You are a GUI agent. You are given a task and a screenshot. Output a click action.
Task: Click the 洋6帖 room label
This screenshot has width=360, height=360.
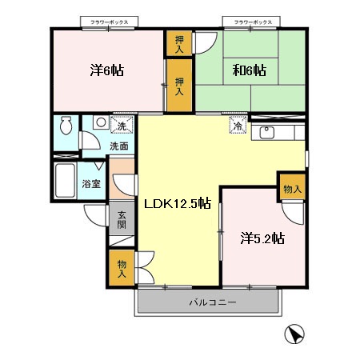(106, 70)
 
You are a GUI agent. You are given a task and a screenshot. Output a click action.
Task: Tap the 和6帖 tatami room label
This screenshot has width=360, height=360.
(250, 70)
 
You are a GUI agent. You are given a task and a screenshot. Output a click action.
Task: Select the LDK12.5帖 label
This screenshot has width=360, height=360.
(178, 204)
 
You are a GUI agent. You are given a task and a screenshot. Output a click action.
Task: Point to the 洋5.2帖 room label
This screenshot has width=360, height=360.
(262, 238)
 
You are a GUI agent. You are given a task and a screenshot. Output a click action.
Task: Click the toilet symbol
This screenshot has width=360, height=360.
(66, 125)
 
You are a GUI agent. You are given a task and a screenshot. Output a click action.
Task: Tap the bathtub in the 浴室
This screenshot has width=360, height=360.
(65, 180)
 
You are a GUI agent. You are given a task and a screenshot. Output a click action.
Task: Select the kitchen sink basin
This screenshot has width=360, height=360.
(267, 133)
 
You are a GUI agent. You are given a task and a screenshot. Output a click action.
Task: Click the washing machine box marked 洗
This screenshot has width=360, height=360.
(122, 125)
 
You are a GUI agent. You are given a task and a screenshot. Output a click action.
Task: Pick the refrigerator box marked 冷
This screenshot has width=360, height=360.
(238, 125)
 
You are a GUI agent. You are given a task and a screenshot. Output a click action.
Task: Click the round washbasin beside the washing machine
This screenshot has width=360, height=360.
(101, 122)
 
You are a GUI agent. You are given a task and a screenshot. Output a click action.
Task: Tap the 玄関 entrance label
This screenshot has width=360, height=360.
(122, 220)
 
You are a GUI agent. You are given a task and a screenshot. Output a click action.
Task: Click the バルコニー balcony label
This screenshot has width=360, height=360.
(213, 302)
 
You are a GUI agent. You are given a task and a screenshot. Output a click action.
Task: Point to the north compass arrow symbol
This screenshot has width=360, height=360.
(294, 334)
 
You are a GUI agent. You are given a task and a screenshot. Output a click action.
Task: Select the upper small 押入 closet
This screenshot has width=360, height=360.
(179, 43)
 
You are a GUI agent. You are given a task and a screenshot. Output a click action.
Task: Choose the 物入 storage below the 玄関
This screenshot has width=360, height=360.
(122, 268)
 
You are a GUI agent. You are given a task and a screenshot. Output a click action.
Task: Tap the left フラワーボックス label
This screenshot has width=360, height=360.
(110, 22)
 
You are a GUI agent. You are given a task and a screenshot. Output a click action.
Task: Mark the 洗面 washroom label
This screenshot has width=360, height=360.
(119, 146)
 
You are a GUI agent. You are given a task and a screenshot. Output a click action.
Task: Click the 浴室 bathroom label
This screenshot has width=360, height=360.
(91, 184)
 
